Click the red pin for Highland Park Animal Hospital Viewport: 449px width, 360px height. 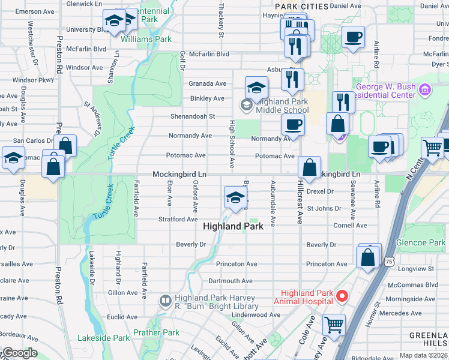pos(342,295)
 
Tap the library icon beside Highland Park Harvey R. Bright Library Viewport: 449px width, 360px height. pos(165,300)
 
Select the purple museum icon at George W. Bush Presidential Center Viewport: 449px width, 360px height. pos(426,91)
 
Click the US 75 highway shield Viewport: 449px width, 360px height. pos(390,262)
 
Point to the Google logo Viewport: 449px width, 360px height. pos(20,353)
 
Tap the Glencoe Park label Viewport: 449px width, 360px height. pos(421,243)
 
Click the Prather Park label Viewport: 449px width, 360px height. pos(156,332)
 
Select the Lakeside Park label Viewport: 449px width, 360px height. pos(103,338)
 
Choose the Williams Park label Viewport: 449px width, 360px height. pos(146,39)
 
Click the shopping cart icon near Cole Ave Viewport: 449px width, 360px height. pos(334,325)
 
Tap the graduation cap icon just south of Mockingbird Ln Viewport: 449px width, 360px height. pos(235,197)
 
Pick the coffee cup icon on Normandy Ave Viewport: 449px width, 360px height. pos(292,124)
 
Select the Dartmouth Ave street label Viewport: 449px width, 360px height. pos(230,281)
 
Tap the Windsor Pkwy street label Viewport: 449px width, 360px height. pos(33,79)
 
